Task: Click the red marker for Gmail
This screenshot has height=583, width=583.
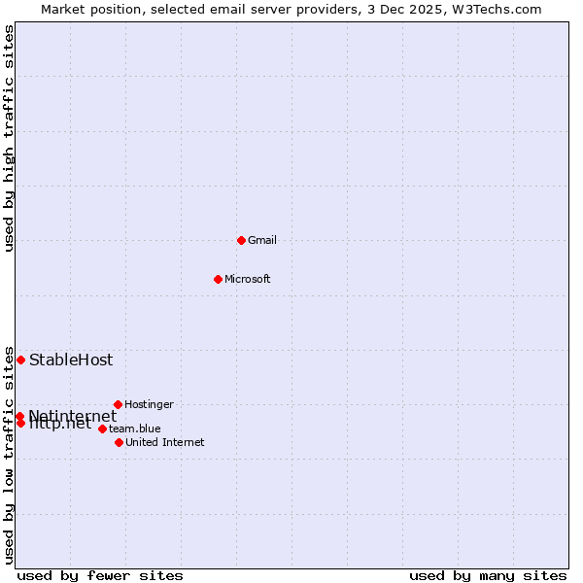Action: (241, 240)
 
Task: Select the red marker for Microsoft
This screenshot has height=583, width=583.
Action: (218, 279)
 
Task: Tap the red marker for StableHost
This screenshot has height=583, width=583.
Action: (20, 360)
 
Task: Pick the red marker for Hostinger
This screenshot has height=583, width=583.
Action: (118, 404)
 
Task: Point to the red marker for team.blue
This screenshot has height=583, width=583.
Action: (102, 429)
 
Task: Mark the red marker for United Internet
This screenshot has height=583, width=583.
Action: (119, 442)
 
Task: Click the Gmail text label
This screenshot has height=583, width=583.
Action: (262, 240)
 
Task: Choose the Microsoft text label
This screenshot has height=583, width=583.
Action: (247, 279)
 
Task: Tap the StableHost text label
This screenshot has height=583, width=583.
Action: (71, 360)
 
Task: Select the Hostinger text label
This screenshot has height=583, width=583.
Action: (149, 404)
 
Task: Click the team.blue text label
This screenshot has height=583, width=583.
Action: (134, 429)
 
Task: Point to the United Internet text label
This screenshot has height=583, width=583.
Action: (164, 442)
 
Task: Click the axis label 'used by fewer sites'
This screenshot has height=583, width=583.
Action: (100, 575)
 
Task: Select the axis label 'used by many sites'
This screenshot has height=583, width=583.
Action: (488, 575)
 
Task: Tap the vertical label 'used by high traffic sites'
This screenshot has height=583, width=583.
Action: (9, 139)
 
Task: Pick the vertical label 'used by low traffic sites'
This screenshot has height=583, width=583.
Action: (9, 455)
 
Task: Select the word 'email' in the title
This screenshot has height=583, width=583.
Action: (223, 9)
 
